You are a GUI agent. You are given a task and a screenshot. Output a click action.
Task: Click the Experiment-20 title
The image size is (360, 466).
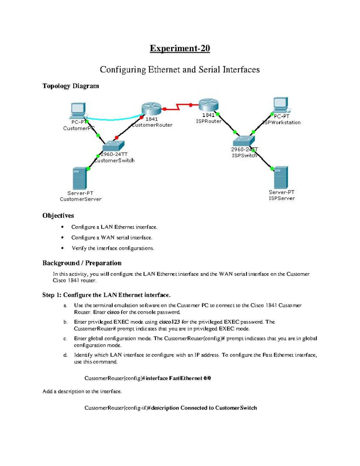tap(180, 48)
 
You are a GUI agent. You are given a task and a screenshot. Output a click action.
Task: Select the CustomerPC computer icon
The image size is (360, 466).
tap(78, 110)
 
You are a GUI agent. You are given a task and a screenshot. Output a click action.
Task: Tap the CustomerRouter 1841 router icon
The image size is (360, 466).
tap(151, 108)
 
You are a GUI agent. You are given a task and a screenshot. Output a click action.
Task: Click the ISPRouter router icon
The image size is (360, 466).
tap(208, 105)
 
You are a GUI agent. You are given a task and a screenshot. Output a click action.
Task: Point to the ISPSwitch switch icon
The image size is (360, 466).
tap(244, 141)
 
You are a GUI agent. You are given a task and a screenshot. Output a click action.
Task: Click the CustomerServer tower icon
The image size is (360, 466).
tap(80, 179)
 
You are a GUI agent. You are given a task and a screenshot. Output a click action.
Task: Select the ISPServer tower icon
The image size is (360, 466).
tap(281, 177)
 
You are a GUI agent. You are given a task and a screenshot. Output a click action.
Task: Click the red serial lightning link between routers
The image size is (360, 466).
tap(178, 107)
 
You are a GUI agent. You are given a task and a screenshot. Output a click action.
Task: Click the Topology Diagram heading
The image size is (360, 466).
tap(70, 86)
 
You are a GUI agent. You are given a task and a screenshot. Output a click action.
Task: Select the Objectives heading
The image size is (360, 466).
tap(58, 215)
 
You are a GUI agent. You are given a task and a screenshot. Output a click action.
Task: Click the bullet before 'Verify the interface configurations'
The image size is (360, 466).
tap(62, 248)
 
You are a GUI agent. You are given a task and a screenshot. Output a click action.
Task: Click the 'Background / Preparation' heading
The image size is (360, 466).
tap(82, 263)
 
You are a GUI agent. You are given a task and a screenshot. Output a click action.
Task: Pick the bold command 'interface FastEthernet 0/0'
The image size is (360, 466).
tap(178, 378)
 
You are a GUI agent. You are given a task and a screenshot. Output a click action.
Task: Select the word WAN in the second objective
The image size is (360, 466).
tap(108, 238)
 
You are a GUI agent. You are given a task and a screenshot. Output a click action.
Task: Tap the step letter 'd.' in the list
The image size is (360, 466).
tap(65, 355)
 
